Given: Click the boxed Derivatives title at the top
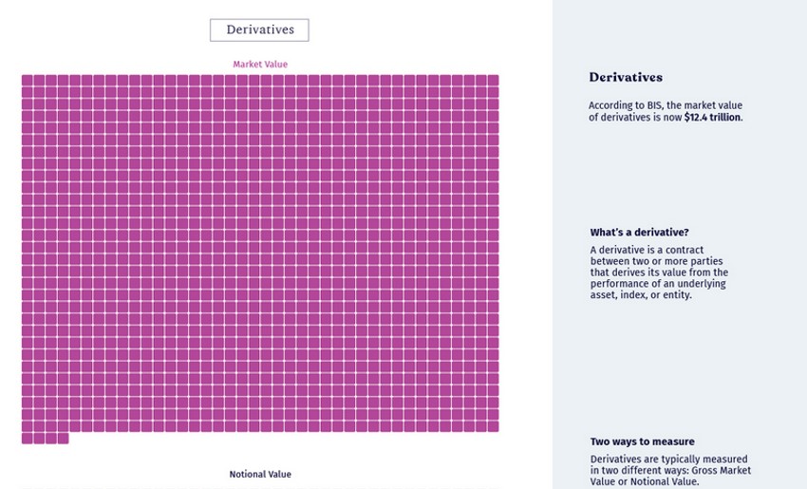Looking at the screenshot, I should (259, 30).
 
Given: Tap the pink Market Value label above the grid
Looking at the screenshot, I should (260, 65).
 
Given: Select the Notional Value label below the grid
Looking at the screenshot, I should (260, 474).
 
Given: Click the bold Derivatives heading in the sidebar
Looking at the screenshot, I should (626, 78).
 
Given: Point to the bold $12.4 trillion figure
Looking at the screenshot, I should (713, 118).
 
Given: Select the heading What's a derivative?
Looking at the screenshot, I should (639, 233).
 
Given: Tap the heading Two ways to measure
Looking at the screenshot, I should (642, 442).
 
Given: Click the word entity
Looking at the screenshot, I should (675, 295).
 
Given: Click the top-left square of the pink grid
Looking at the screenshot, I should (28, 81).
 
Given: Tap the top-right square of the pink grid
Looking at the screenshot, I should (493, 81).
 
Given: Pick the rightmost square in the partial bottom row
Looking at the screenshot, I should (63, 439).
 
